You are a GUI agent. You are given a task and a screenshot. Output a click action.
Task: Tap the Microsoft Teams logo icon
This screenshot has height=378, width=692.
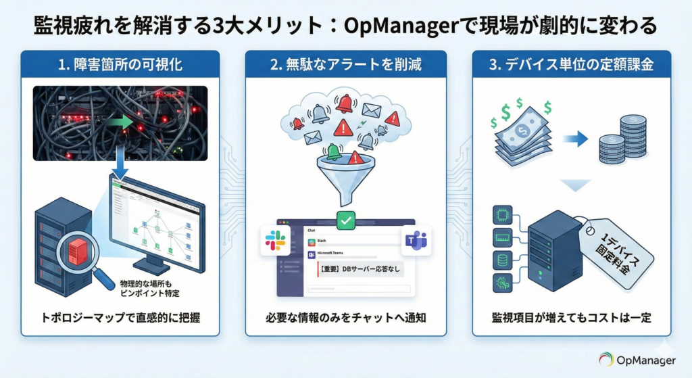tap(415, 241)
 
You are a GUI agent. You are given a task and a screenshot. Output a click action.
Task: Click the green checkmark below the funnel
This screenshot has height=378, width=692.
tap(345, 220)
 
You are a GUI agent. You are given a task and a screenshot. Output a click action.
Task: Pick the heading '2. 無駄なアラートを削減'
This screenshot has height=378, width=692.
tap(345, 65)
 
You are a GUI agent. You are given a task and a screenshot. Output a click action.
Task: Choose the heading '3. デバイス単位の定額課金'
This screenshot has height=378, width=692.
tap(571, 65)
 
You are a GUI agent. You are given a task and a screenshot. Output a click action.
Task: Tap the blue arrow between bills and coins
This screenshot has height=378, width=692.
tap(575, 139)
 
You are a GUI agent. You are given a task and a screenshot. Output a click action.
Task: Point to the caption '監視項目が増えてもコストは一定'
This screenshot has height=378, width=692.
tap(571, 317)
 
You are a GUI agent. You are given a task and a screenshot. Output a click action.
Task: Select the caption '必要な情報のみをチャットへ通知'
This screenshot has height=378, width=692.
tap(345, 317)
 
